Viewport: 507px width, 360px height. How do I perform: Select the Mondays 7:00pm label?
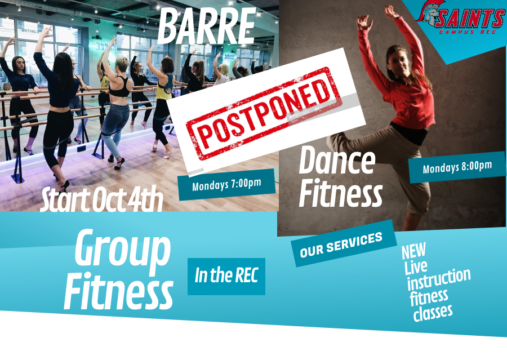[x=226, y=184]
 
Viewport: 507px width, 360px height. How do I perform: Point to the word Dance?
[x=336, y=160]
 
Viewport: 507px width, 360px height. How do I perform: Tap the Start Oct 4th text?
[x=101, y=201]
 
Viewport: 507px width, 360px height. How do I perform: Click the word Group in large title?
[x=122, y=250]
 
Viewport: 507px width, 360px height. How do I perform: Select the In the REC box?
[x=226, y=276]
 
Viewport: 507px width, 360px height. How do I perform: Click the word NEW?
[x=413, y=251]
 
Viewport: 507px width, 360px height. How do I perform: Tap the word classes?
[x=433, y=312]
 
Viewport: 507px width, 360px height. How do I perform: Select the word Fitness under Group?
[x=118, y=290]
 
